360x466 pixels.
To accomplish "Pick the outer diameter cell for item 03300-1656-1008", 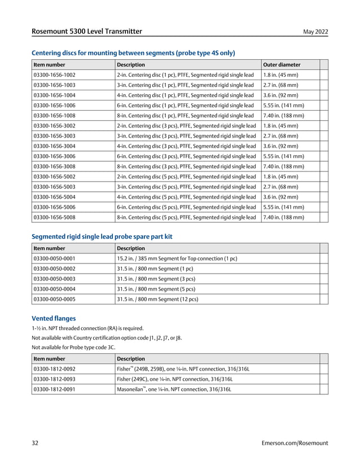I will point(284,116).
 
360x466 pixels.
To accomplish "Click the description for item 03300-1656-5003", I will point(186,187).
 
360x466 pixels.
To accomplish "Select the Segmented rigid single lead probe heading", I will point(102,236).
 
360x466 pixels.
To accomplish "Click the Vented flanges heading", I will point(54,318).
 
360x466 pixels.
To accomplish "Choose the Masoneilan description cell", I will point(174,389).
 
